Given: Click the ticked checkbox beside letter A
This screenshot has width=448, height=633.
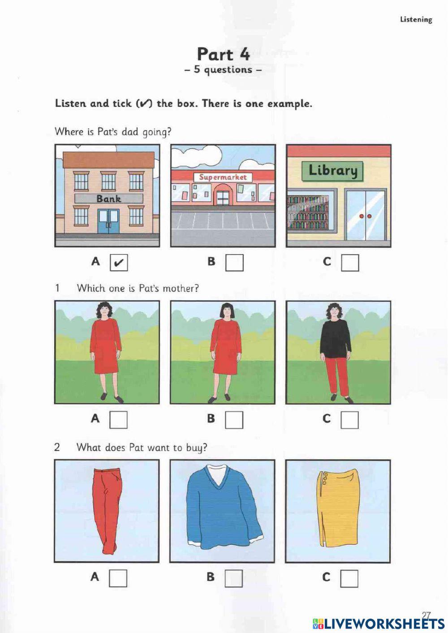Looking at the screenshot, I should (119, 263).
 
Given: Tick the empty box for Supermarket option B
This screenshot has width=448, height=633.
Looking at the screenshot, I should (234, 263).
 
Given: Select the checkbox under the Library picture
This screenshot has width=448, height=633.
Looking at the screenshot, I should (350, 263).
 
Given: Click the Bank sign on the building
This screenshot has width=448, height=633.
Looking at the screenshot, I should (108, 198).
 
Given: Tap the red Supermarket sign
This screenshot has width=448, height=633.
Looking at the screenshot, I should (223, 177).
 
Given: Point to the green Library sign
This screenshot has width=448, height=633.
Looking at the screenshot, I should (332, 171).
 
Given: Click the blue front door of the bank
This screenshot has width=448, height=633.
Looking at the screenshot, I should (108, 221).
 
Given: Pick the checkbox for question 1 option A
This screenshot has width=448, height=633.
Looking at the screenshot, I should (118, 420).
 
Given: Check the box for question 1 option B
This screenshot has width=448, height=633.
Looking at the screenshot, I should (234, 420).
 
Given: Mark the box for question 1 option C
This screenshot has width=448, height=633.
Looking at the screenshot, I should (349, 420).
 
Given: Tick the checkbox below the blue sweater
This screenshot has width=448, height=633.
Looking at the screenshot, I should (233, 578).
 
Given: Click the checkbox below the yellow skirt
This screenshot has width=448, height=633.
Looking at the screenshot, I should (349, 578).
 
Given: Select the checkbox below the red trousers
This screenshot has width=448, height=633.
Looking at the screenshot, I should (118, 578).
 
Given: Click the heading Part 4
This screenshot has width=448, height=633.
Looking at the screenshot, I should (223, 54).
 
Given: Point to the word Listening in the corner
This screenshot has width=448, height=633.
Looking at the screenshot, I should (416, 19).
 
